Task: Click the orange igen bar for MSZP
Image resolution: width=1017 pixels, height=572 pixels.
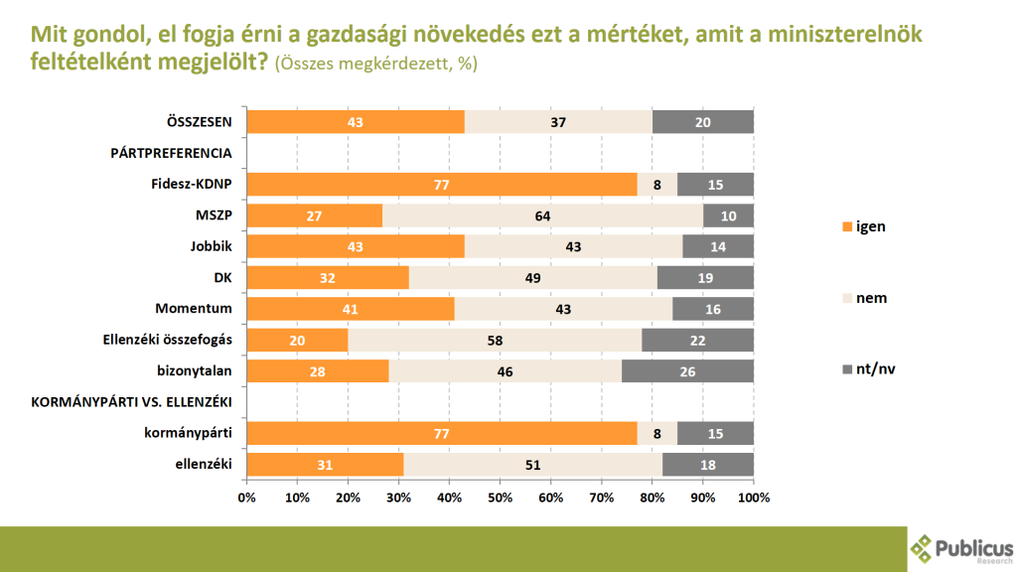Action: (x=314, y=215)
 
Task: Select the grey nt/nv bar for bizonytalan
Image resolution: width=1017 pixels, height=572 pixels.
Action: (x=687, y=370)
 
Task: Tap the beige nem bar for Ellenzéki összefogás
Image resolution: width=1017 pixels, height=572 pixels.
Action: (x=495, y=340)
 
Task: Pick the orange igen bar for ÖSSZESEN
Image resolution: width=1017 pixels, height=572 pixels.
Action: (x=356, y=122)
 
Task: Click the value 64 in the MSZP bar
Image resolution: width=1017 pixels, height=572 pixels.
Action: (x=542, y=215)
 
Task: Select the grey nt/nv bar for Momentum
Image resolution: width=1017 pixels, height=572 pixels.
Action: (x=713, y=309)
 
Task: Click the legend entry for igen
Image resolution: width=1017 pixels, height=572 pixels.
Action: (x=863, y=226)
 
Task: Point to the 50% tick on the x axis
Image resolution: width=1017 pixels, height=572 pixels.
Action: (x=501, y=496)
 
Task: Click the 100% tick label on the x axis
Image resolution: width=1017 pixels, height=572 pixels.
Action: (x=754, y=496)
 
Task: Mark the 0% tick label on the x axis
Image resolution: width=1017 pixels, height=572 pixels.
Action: (x=247, y=496)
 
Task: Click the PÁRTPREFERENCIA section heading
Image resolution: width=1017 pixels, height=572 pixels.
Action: (x=170, y=153)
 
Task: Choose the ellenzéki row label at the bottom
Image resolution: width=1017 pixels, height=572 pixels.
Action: (x=206, y=464)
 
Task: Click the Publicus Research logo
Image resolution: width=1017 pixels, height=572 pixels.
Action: (x=960, y=549)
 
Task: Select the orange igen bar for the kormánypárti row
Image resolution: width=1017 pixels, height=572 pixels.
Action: (x=442, y=433)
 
